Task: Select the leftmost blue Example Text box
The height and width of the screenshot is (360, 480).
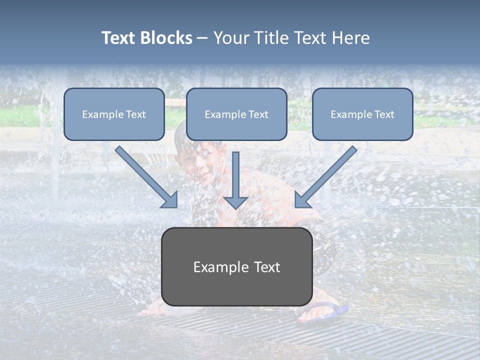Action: (x=114, y=114)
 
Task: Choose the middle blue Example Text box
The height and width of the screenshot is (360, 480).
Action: (x=236, y=114)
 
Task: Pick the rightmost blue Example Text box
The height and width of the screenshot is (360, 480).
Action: (x=362, y=114)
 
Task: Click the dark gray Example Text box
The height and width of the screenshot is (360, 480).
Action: (x=236, y=266)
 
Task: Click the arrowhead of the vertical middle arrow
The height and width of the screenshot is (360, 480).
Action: (x=235, y=202)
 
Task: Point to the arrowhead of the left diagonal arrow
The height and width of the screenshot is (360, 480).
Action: (x=170, y=200)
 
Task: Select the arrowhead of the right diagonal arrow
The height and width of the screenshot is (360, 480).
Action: (x=302, y=200)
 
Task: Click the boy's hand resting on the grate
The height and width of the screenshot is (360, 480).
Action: (x=152, y=310)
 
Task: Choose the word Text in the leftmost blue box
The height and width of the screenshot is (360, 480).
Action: (x=135, y=114)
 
